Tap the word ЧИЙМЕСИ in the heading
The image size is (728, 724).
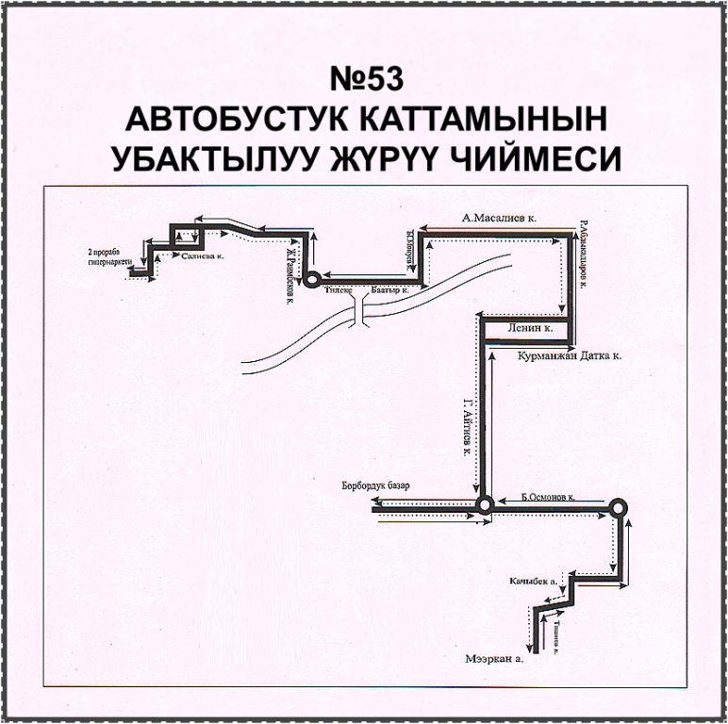tap(548, 157)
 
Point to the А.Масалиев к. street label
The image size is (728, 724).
tap(499, 217)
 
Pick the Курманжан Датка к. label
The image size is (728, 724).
tap(571, 357)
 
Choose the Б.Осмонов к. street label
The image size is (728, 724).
tap(548, 495)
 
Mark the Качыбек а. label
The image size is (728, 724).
tap(532, 581)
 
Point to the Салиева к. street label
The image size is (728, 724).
tap(201, 255)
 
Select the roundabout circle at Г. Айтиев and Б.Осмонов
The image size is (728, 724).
tap(484, 506)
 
